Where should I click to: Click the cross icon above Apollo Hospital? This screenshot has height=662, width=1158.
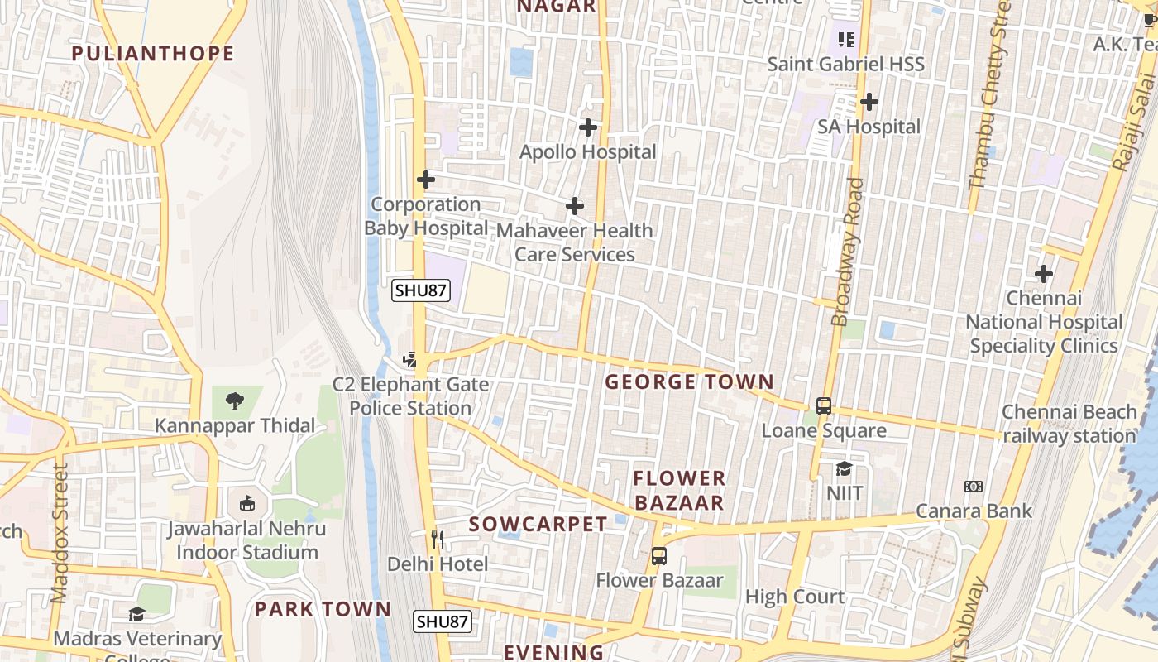[588, 127]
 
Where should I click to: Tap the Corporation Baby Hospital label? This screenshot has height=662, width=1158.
[426, 216]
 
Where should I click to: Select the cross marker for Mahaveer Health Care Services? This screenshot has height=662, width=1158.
[575, 206]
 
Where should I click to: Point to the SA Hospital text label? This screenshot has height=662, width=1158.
[868, 127]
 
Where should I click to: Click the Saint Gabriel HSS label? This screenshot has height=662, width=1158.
[845, 64]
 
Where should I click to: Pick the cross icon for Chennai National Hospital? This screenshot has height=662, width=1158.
[1044, 273]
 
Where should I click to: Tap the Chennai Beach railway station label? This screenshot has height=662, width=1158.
[1069, 424]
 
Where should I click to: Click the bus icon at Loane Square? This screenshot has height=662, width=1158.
[824, 406]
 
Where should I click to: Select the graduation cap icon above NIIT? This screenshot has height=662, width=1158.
[844, 469]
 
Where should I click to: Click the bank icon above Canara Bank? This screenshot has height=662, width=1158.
[974, 487]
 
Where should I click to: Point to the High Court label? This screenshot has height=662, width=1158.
[795, 597]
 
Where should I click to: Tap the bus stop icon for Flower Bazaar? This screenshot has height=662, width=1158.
[659, 556]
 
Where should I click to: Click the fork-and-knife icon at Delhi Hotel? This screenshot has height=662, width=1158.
[438, 540]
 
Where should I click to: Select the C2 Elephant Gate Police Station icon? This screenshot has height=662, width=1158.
[409, 360]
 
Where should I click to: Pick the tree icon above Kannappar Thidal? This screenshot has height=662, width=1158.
[235, 401]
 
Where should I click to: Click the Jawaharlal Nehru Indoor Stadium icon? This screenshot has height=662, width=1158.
[246, 503]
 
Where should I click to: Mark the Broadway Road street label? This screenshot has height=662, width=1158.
[849, 252]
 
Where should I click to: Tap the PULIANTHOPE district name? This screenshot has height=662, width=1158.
[153, 54]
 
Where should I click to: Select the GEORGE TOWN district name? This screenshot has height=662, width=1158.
[689, 382]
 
